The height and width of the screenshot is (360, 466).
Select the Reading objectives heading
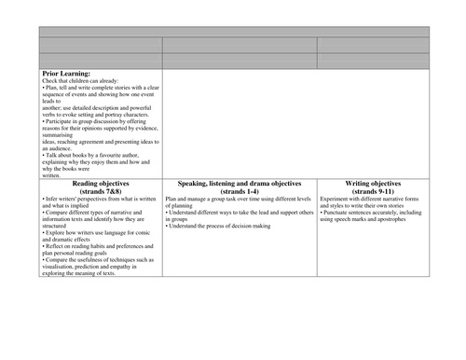(100, 185)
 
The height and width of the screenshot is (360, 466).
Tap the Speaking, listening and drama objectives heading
(240, 185)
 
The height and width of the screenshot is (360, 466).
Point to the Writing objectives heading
(373, 185)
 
